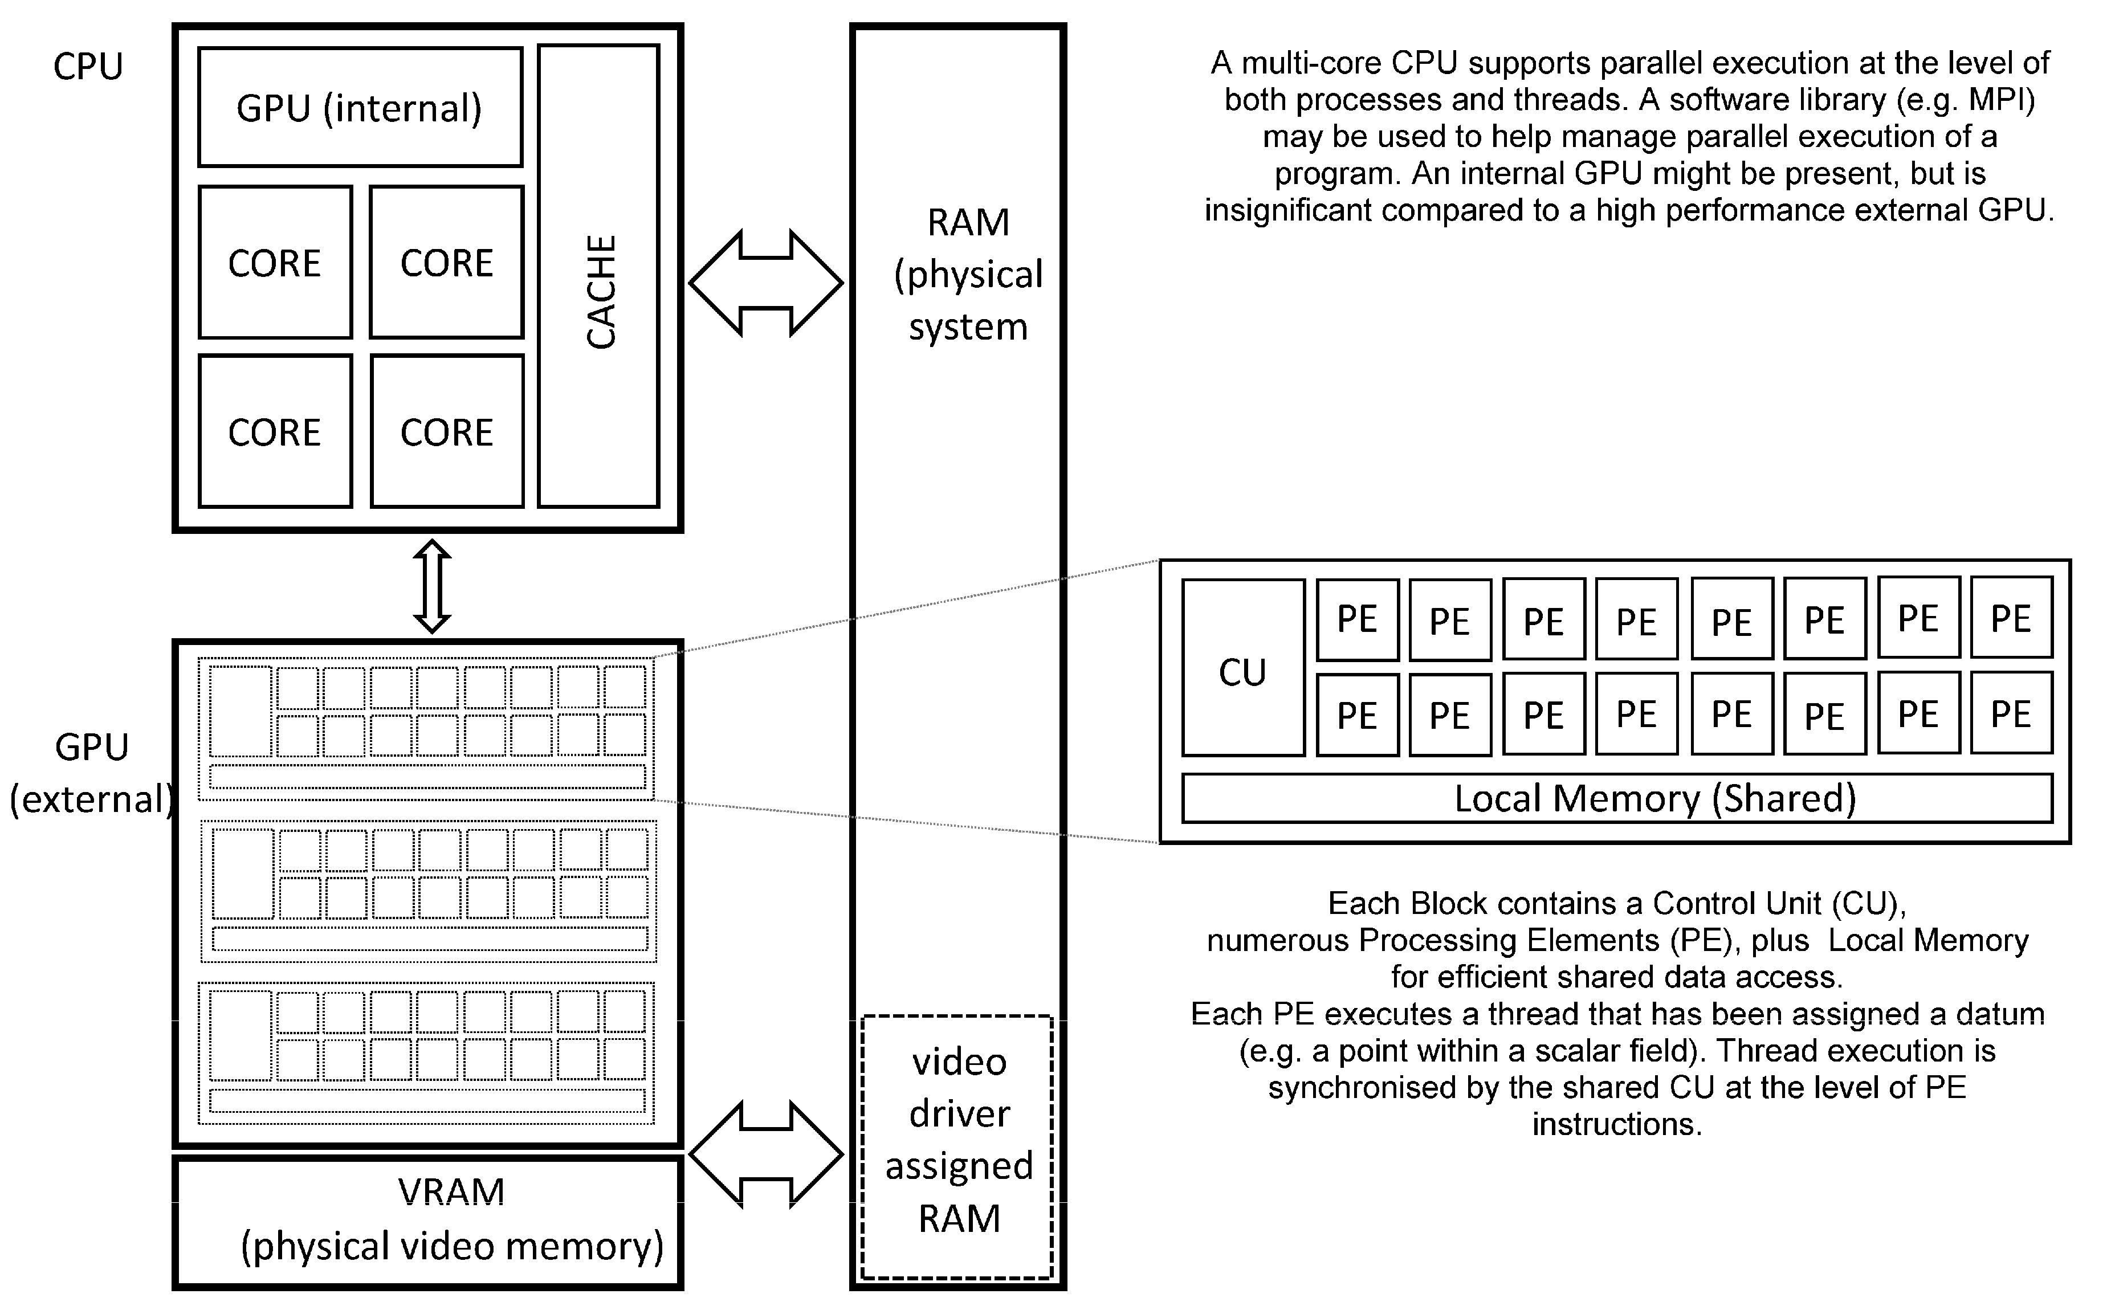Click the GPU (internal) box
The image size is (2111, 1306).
click(359, 107)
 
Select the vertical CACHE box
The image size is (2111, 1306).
click(598, 276)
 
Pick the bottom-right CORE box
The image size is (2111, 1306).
click(447, 431)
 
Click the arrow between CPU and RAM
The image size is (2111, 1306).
click(766, 283)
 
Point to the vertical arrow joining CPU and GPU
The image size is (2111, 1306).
click(432, 586)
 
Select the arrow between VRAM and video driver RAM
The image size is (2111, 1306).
click(766, 1154)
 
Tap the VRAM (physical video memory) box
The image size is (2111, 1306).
click(427, 1221)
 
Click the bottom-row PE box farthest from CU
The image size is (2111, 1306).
click(2011, 713)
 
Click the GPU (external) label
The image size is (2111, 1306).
click(92, 773)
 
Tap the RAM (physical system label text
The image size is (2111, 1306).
click(968, 275)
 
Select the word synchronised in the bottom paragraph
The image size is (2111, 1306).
click(1383, 1087)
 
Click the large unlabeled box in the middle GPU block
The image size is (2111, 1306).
click(243, 874)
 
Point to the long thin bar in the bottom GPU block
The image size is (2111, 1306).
click(427, 1100)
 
